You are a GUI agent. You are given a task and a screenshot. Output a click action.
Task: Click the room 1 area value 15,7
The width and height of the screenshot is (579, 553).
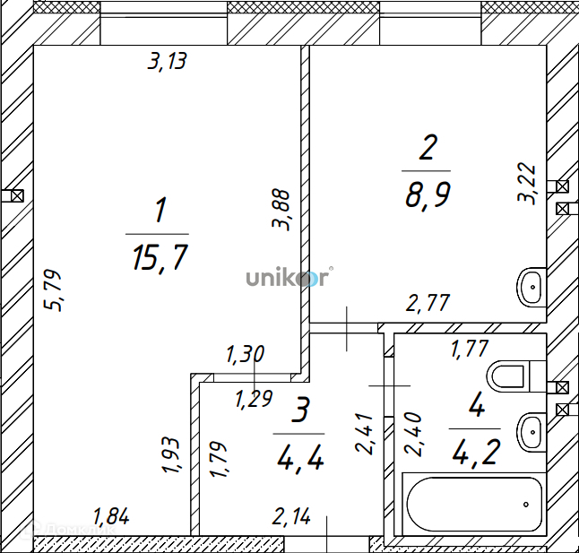click(160, 257)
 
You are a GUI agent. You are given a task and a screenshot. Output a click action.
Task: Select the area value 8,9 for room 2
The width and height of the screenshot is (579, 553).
click(428, 195)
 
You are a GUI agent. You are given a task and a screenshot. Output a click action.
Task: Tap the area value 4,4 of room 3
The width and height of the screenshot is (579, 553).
click(300, 457)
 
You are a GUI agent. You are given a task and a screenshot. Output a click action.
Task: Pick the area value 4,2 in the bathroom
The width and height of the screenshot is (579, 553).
click(477, 452)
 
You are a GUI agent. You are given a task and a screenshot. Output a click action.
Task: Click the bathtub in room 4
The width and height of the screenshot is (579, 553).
click(474, 504)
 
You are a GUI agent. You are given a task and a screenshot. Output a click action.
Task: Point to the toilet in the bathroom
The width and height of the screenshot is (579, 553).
click(516, 376)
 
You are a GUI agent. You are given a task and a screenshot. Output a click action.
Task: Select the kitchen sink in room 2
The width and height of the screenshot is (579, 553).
click(531, 287)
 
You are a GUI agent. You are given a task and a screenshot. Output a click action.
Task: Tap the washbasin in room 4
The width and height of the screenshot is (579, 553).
click(531, 432)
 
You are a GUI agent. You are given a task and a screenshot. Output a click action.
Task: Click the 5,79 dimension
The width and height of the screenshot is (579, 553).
click(53, 290)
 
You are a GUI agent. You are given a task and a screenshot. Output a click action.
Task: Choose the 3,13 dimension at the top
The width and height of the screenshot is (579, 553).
click(168, 61)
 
